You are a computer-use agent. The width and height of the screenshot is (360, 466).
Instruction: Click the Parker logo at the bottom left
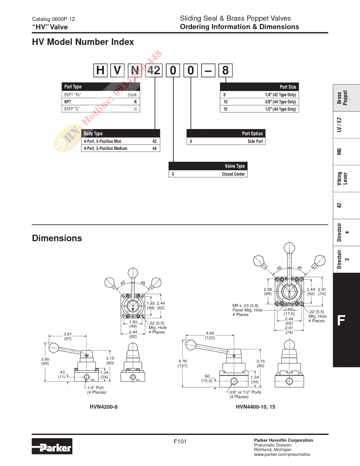point(52,446)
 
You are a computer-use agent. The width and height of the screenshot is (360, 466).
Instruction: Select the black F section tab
point(346,320)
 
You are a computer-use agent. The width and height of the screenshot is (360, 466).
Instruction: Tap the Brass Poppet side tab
point(346,98)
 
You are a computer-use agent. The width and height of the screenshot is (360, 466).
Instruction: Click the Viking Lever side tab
point(346,178)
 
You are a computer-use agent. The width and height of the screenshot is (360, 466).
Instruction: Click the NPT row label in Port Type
point(68,102)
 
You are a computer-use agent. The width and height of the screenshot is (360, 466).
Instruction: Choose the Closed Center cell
point(233,174)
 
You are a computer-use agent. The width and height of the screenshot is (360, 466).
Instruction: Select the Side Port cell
point(255,141)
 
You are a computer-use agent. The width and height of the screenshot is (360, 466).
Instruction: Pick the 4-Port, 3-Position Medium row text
point(105,148)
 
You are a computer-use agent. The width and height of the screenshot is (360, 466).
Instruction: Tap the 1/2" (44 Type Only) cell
point(280,109)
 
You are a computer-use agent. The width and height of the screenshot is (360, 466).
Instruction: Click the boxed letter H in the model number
point(101,70)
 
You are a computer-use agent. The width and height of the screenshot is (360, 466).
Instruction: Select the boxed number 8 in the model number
point(225,70)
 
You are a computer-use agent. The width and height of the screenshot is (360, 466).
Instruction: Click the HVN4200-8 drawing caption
point(103,407)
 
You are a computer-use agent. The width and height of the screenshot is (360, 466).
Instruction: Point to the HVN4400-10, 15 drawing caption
point(255,407)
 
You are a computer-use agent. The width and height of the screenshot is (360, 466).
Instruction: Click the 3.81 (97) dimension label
point(68,336)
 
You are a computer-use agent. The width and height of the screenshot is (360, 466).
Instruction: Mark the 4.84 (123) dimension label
point(210,335)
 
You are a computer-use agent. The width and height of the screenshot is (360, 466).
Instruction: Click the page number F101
point(180,441)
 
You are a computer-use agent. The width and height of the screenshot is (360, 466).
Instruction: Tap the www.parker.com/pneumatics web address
point(282,454)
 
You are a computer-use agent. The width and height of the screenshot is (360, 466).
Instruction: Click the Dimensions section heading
point(57,238)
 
